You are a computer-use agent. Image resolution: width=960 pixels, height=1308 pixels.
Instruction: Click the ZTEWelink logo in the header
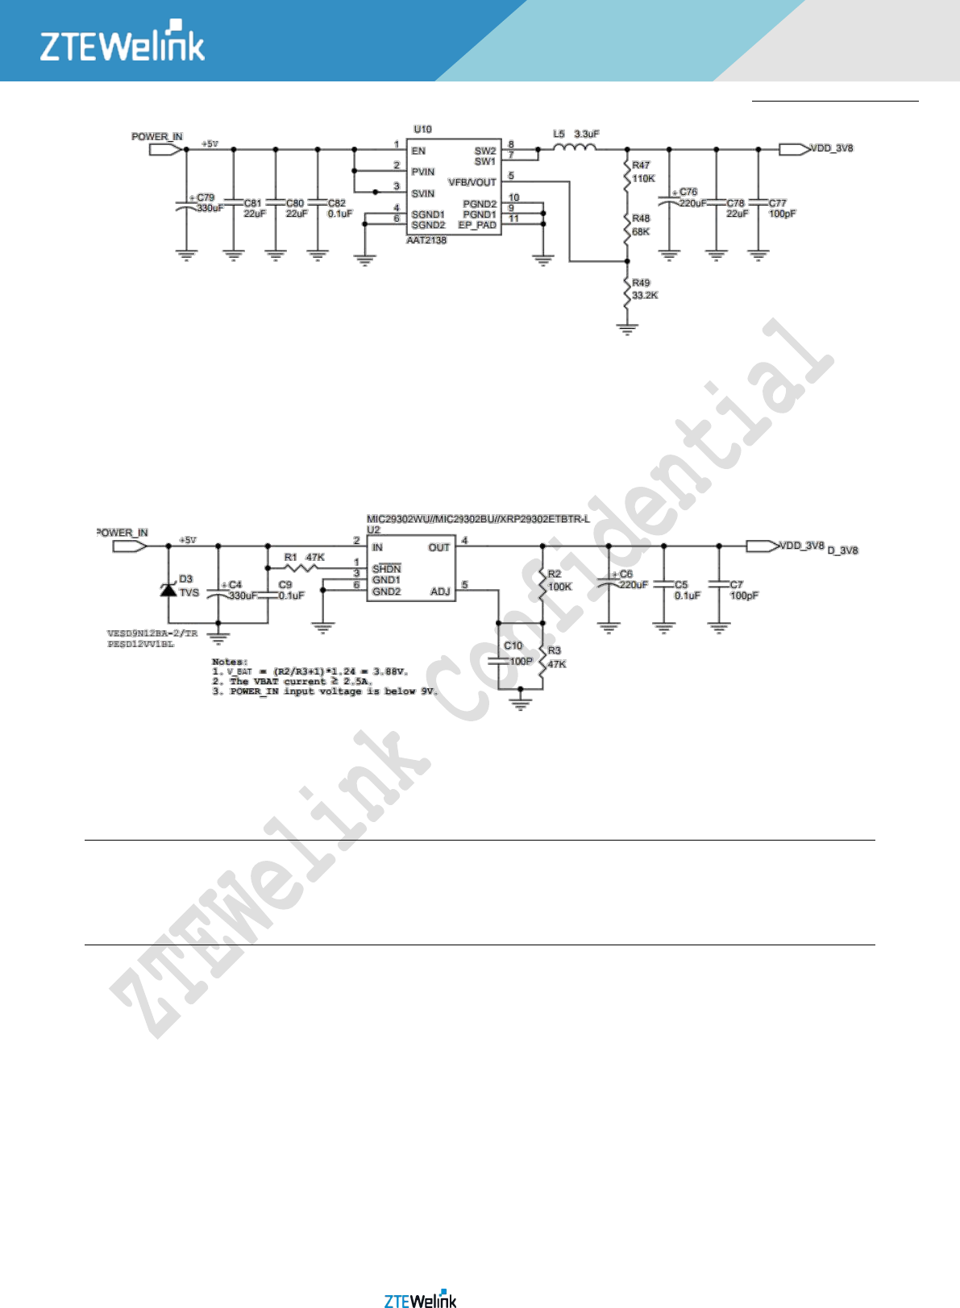point(123,42)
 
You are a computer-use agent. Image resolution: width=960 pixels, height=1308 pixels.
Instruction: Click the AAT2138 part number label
point(426,240)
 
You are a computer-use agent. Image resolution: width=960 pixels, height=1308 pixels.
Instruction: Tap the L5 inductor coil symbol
point(575,147)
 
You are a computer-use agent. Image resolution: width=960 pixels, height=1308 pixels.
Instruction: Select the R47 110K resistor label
point(642,172)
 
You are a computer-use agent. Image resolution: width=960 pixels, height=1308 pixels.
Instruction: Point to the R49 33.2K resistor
point(627,291)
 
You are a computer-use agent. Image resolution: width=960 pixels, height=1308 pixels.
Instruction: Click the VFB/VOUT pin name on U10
point(472,182)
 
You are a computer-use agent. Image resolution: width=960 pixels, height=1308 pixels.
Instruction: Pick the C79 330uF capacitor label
point(208,202)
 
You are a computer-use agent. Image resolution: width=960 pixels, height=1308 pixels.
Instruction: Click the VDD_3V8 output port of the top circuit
point(794,149)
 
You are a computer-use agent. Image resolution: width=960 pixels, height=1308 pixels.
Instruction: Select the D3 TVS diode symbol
point(168,589)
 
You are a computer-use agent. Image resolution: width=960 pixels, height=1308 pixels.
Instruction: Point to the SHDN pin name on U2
point(387,569)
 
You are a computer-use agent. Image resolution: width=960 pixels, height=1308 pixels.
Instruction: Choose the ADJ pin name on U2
point(440,592)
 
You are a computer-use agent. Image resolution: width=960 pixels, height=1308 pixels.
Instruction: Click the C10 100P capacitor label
point(517,654)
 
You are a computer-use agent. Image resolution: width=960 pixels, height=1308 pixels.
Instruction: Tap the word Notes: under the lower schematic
point(230,662)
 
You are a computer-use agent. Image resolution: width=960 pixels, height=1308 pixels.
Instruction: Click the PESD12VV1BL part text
point(140,644)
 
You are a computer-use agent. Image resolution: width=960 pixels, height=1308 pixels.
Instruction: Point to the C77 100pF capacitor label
point(780,208)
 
